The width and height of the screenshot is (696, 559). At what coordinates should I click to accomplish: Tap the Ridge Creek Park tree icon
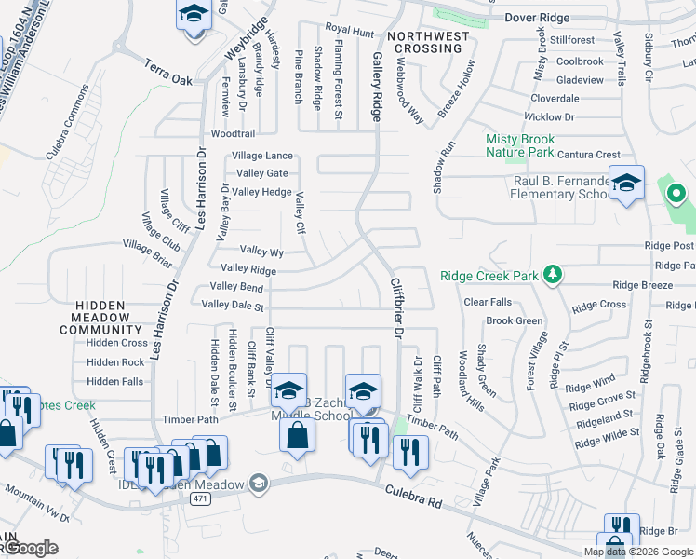[553, 274]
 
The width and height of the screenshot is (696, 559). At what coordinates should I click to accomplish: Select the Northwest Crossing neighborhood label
[428, 42]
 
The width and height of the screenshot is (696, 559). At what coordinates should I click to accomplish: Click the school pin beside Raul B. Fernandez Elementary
[626, 184]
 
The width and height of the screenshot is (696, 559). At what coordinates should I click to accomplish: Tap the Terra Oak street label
[168, 73]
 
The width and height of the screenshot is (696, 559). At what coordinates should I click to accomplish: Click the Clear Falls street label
[488, 302]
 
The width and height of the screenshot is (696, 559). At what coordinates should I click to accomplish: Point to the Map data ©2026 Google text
[637, 552]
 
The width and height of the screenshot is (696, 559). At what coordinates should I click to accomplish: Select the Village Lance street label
[262, 156]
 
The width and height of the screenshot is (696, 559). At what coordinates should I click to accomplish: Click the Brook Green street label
[514, 320]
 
